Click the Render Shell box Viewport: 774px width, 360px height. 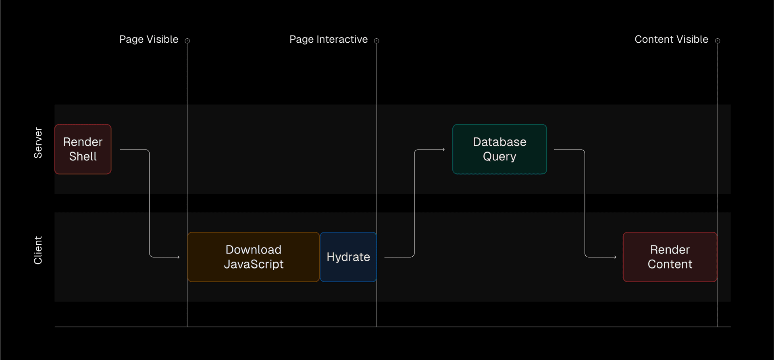pos(83,149)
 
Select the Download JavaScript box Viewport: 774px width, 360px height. pos(254,257)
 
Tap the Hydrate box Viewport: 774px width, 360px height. pos(348,257)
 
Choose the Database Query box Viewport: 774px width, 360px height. pos(499,149)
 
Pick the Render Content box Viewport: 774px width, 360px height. pos(670,257)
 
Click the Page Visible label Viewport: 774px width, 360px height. pos(149,40)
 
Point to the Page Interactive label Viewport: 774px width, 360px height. pos(329,40)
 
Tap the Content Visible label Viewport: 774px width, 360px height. pos(671,40)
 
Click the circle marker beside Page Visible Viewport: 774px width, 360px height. pos(187,41)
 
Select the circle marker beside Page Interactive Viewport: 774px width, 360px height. pos(377,41)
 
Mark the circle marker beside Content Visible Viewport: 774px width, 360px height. pos(718,41)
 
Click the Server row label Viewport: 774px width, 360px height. pos(38,143)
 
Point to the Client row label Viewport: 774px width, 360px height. pos(38,250)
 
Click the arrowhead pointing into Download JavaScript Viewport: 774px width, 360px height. pos(178,257)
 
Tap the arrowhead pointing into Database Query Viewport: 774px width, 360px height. pos(443,150)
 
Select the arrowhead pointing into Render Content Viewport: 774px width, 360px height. pos(615,257)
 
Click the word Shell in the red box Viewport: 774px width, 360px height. pos(83,156)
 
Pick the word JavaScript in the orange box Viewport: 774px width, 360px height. pos(254,264)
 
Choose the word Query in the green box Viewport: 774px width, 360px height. pos(499,156)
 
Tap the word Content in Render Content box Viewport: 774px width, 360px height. pos(670,264)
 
